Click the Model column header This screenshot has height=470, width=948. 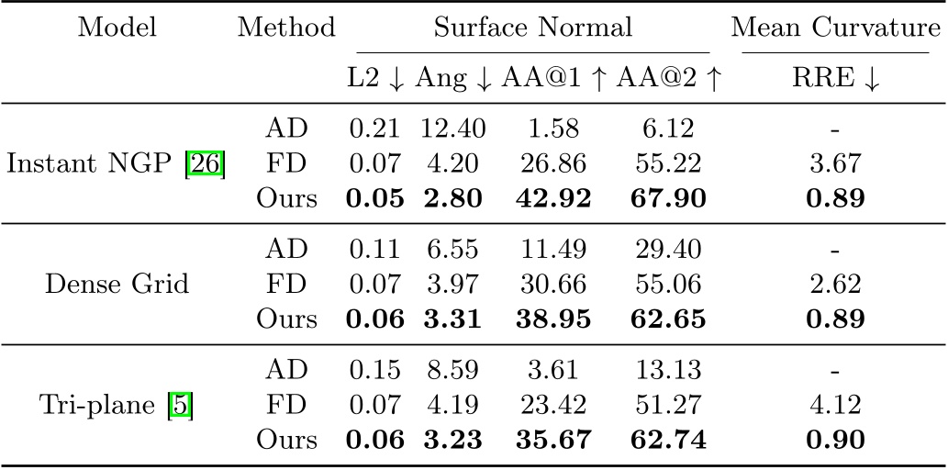pyautogui.click(x=117, y=28)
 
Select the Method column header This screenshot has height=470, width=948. pyautogui.click(x=286, y=28)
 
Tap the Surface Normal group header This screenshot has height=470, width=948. pyautogui.click(x=532, y=28)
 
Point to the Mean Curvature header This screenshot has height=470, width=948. pyautogui.click(x=836, y=28)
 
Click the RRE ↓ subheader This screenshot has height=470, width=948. pyautogui.click(x=836, y=80)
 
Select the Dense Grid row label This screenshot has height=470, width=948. pyautogui.click(x=117, y=285)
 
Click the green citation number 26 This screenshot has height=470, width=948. pyautogui.click(x=207, y=165)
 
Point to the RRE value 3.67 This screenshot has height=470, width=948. pyautogui.click(x=836, y=165)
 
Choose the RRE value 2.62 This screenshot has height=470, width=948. pyautogui.click(x=836, y=285)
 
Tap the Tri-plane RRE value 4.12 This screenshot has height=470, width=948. pyautogui.click(x=836, y=405)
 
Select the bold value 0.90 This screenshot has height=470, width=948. pyautogui.click(x=836, y=440)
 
